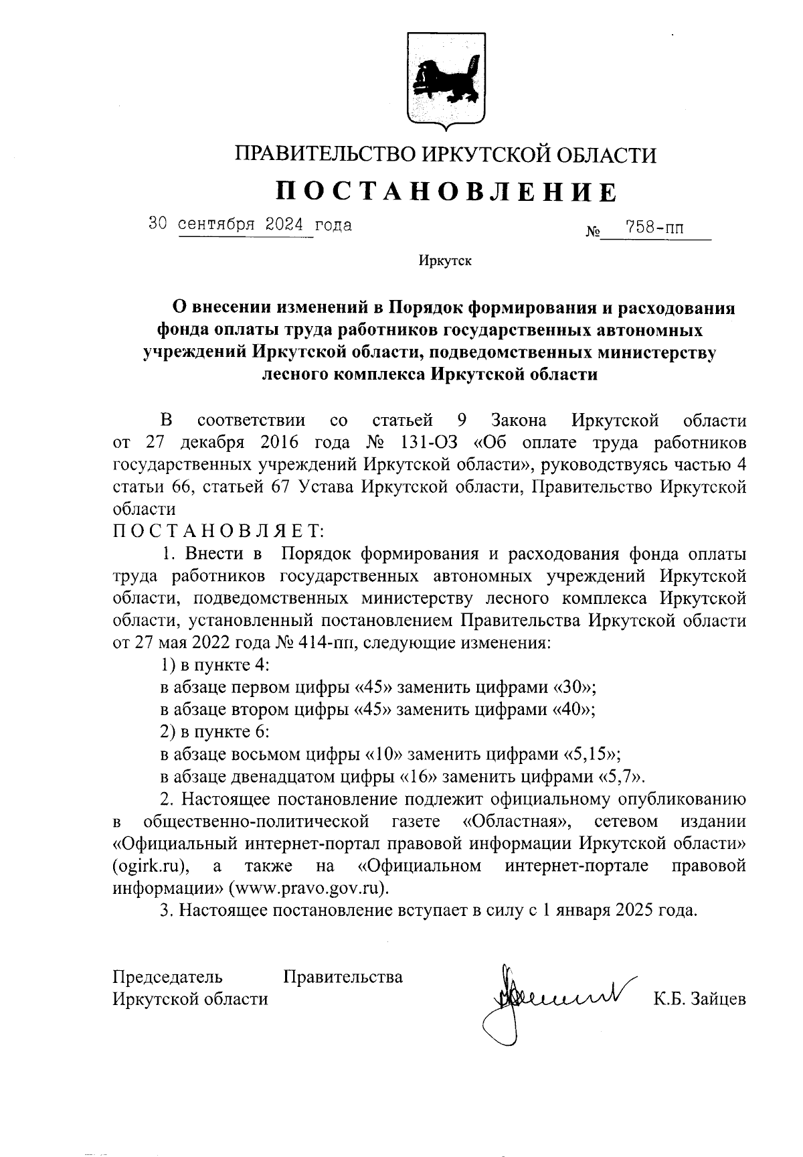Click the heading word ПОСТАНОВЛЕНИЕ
pos(446,192)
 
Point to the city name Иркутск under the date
pos(445,260)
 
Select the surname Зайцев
pos(713,999)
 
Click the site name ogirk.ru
pos(148,866)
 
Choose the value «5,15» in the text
pos(590,755)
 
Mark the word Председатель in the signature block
pos(167,977)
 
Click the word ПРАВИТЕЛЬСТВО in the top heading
pos(325,156)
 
